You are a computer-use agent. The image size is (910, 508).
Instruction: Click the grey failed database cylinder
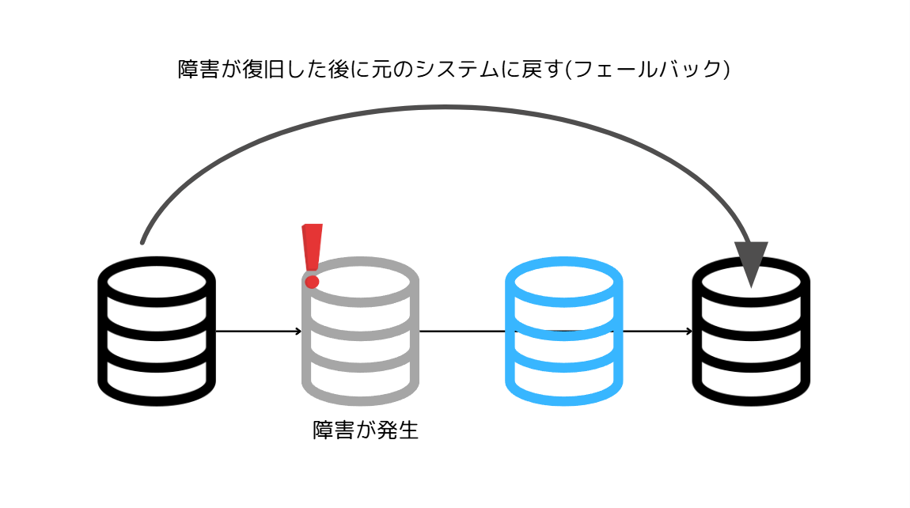360,332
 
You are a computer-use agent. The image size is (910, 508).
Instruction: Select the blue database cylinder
563,332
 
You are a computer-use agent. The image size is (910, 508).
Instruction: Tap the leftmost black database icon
157,332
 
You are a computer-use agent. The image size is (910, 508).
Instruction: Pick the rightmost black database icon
751,332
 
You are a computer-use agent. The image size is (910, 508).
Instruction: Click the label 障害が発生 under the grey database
365,431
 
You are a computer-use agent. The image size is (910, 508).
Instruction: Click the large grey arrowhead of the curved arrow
751,261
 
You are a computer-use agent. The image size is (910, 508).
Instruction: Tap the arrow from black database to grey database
258,331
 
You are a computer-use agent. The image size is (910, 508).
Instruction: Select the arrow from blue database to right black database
657,331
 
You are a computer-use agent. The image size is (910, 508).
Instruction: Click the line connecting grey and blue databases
462,331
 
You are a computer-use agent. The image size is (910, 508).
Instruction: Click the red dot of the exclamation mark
312,282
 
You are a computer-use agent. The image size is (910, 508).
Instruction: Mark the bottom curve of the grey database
360,396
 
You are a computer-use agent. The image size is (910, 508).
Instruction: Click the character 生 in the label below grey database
408,431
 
